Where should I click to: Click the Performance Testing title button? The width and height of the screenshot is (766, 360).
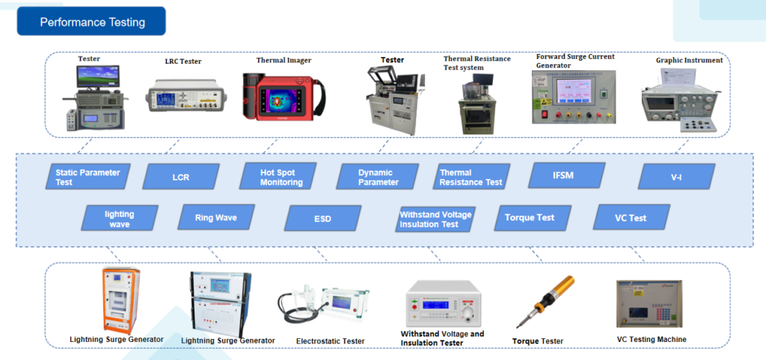[x=91, y=22]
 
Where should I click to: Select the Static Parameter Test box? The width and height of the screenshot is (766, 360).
[x=88, y=177]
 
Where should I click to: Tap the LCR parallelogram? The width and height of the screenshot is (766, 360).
[x=181, y=177]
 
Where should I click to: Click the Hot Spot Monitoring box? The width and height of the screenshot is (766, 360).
[x=278, y=177]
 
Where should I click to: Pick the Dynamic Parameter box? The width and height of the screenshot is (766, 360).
[x=378, y=177]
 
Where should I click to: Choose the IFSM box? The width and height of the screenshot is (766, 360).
[x=567, y=176]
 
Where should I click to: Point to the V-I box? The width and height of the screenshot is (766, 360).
[x=676, y=177]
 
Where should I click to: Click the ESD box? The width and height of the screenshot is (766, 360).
[x=322, y=219]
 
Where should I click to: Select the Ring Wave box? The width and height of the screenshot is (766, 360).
[x=216, y=217]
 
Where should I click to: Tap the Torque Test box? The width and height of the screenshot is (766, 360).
[x=533, y=218]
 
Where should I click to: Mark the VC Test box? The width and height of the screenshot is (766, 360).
[x=631, y=217]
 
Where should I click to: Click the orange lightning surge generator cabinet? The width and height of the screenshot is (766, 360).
[x=120, y=300]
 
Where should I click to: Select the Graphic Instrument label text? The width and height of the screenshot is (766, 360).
[x=689, y=61]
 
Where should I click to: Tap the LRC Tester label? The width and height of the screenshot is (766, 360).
[x=183, y=61]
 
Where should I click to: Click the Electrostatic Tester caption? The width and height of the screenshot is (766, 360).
[x=330, y=341]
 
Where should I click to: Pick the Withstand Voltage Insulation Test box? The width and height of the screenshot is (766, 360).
[x=436, y=219]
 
